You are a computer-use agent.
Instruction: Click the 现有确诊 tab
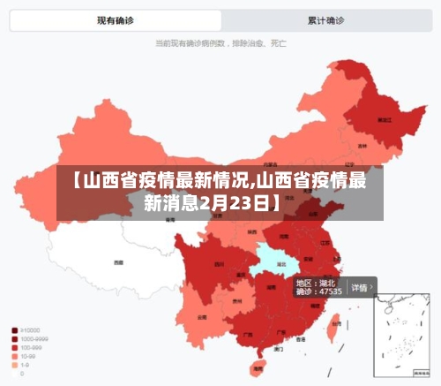115,19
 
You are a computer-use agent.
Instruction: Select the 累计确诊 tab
325,19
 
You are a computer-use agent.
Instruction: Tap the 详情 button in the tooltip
360,287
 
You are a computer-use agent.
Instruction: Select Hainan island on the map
258,364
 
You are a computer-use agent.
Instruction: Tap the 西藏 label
118,262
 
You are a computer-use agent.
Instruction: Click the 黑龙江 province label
385,118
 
